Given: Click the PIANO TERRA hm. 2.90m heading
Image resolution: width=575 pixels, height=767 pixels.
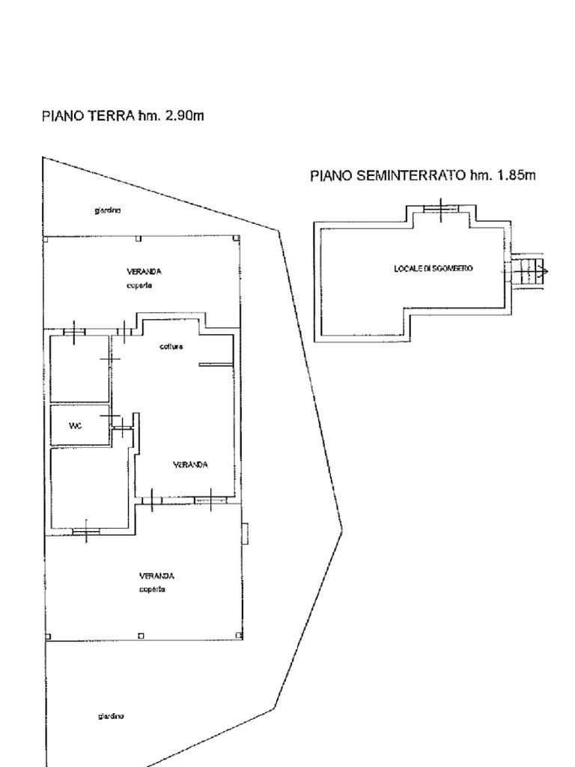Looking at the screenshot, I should pyautogui.click(x=123, y=116).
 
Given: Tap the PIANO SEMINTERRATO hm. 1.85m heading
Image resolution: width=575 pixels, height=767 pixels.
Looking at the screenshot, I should pyautogui.click(x=423, y=176).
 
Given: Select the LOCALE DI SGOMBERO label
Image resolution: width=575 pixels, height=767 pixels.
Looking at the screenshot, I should pyautogui.click(x=433, y=268).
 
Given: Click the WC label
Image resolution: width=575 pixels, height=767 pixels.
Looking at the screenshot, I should pyautogui.click(x=75, y=426).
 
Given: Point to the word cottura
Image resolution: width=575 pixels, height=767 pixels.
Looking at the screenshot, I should pyautogui.click(x=171, y=347).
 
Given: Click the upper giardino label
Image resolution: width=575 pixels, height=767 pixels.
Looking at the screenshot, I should pyautogui.click(x=108, y=210).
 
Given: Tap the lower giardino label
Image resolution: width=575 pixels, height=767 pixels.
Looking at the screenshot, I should pyautogui.click(x=111, y=717).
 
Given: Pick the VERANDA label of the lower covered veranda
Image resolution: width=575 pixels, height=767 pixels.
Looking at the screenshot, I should pyautogui.click(x=156, y=576).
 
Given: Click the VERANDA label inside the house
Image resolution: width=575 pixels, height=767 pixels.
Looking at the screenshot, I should pyautogui.click(x=190, y=465).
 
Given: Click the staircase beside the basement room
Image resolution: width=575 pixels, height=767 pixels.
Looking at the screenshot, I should pyautogui.click(x=530, y=270).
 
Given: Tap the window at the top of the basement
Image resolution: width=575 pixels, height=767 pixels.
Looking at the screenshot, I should pyautogui.click(x=440, y=207).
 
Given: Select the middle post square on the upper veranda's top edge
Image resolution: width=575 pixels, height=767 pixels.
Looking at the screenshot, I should pyautogui.click(x=139, y=239).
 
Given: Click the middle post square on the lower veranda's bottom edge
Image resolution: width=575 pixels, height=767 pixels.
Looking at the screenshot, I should pyautogui.click(x=141, y=637).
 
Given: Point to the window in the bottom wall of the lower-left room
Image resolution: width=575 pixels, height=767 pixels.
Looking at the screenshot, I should pyautogui.click(x=86, y=532).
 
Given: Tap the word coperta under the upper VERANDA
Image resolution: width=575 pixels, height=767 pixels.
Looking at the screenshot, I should pyautogui.click(x=140, y=286).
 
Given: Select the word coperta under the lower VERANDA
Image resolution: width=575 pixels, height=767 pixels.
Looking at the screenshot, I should pyautogui.click(x=152, y=589).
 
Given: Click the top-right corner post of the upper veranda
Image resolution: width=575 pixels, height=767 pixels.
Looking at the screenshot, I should pyautogui.click(x=237, y=239).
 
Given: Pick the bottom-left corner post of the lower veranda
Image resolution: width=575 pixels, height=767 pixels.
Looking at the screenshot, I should pyautogui.click(x=49, y=637).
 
